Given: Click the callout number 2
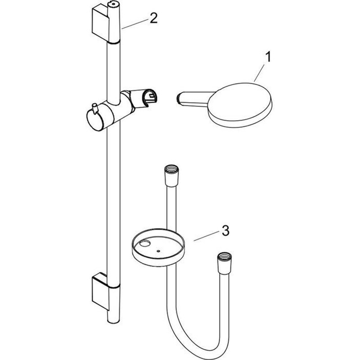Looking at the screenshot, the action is point(153,18).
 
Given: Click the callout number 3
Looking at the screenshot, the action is point(225,230).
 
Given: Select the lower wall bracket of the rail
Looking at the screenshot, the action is point(100,291).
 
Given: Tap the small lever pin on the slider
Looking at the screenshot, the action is point(94,108).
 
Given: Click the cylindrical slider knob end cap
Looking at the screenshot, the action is point(94,120).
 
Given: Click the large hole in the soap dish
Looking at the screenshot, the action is point(145,243).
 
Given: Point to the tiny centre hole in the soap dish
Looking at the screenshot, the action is point(158,251).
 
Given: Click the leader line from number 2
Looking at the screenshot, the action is point(135,24).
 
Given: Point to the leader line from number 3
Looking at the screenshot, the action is point(206,236).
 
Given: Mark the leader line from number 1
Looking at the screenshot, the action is point(259,73).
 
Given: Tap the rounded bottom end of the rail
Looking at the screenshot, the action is point(113,321).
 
